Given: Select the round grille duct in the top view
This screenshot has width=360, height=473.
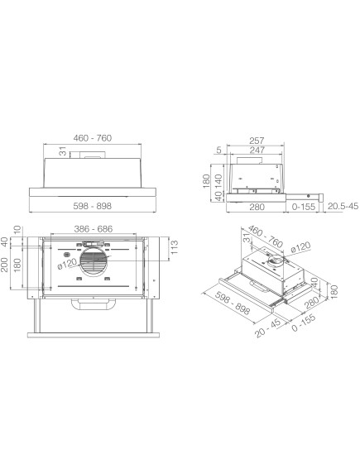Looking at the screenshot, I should coord(96,265).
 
